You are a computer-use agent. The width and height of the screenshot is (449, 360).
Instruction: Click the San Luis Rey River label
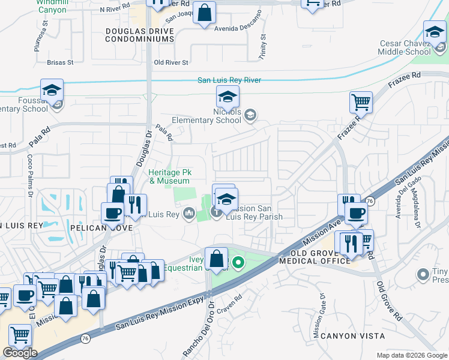click(x=229, y=80)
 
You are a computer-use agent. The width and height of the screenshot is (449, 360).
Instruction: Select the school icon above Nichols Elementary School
click(x=228, y=97)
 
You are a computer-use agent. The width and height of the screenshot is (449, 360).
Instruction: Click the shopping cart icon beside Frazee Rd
click(x=361, y=102)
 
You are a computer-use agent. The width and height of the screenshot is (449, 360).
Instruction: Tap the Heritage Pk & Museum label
click(x=169, y=176)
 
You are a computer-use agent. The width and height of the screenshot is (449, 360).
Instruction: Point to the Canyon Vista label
click(x=351, y=336)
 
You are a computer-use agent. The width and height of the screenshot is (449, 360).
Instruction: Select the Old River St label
click(x=172, y=62)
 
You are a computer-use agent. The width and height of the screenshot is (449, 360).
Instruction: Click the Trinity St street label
click(x=263, y=46)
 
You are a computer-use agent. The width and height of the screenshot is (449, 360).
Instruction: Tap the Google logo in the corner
click(x=20, y=353)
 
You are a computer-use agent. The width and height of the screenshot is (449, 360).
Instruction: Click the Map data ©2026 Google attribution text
click(x=411, y=355)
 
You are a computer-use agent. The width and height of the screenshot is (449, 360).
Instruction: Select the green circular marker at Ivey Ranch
click(x=238, y=262)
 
